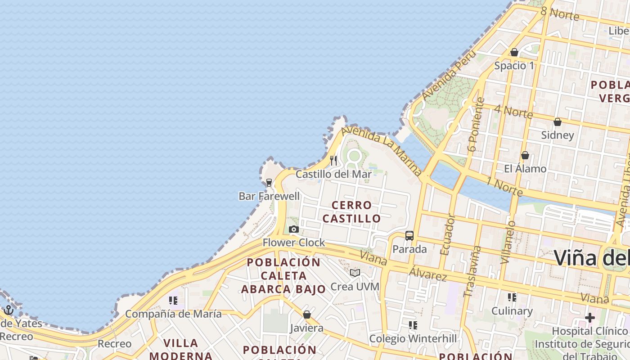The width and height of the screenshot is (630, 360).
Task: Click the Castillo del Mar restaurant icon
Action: coord(333,161)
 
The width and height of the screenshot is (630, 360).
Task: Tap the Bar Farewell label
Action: coord(269,196)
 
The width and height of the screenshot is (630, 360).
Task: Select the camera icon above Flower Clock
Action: coord(294,229)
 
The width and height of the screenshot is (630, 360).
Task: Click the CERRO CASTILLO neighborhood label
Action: coord(352,212)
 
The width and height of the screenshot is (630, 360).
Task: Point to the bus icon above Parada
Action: coord(409,236)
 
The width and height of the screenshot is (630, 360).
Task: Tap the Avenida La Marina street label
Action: coord(382,150)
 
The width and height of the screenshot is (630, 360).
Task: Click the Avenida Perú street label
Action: coord(449,75)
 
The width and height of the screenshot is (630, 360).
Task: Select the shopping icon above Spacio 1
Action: coord(514,53)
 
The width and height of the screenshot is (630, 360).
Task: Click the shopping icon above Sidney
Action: coord(558,122)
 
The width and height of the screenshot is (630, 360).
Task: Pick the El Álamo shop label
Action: coord(525,169)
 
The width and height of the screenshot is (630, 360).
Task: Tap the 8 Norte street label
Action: coord(559,13)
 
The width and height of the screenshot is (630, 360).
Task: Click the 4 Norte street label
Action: coord(513,111)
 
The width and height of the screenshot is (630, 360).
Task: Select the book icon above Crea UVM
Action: coord(355,273)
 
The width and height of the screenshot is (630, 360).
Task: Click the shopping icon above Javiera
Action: coord(307,315)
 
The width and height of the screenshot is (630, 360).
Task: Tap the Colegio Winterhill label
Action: coord(413,338)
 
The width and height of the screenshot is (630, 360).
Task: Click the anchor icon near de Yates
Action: coord(8,310)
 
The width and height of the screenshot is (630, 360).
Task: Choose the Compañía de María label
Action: coord(173,314)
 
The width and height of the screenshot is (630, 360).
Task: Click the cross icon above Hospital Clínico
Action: coord(590,318)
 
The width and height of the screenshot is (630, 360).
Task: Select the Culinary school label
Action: coord(512,311)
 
